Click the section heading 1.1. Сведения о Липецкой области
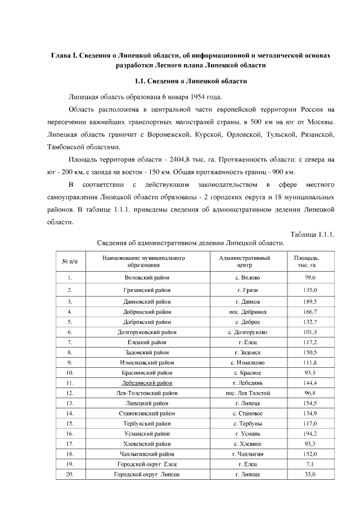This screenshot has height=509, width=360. pos(188,81)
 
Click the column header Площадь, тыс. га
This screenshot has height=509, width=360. pos(310,260)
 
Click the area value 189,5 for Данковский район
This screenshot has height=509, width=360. pos(310,301)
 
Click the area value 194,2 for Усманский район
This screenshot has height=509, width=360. pos(310,434)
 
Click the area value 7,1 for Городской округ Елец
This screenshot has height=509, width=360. pos(310,464)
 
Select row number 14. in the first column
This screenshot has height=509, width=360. pos(69,413)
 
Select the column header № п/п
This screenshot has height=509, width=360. pos(69,261)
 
